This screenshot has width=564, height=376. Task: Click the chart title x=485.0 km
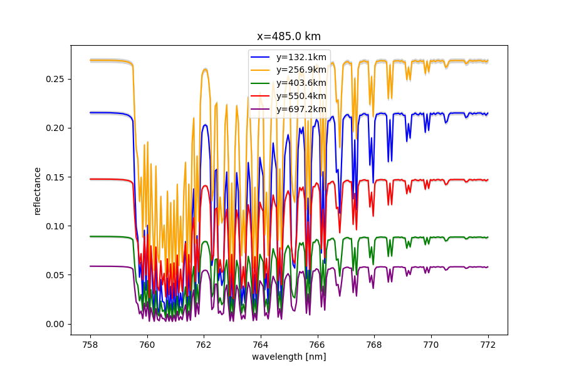pos(289,36)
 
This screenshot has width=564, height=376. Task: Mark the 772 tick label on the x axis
pos(488,344)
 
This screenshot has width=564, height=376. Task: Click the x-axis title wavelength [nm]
pos(289,357)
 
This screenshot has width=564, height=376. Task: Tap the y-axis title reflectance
pos(38,191)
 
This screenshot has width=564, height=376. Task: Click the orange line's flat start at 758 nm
pos(91,60)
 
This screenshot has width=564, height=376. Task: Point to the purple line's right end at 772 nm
pos(487,267)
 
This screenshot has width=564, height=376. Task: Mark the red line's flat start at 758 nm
pos(91,179)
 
